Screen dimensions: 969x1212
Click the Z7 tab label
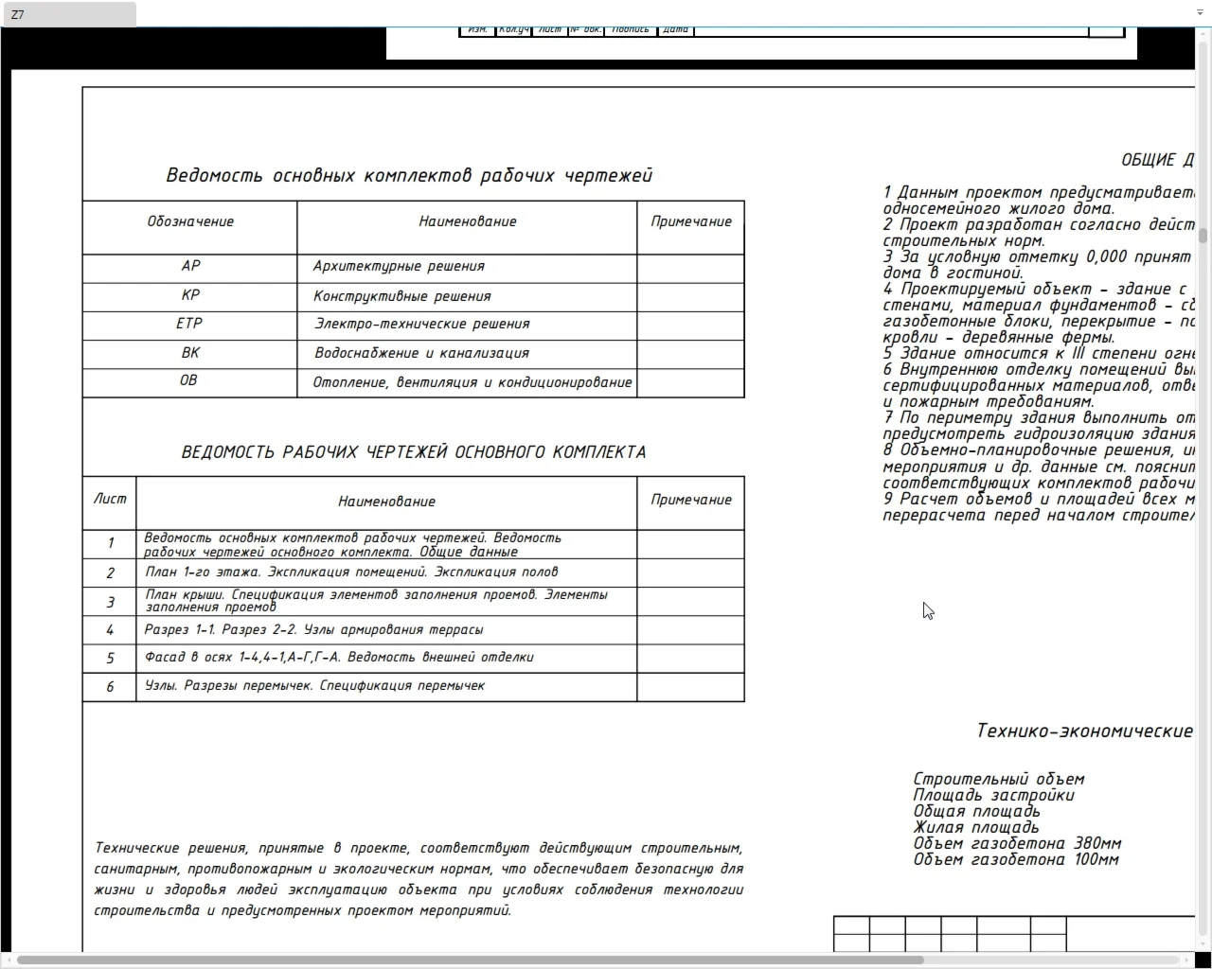tap(18, 14)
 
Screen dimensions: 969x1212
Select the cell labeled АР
tap(190, 266)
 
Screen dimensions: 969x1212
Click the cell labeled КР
tap(190, 295)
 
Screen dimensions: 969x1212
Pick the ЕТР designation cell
tap(189, 324)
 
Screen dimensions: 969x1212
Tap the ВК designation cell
tap(190, 353)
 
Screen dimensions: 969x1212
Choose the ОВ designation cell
tap(188, 380)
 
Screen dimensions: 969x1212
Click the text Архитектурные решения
tap(399, 266)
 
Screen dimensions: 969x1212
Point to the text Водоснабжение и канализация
tap(421, 353)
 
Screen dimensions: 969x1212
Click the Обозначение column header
tap(190, 221)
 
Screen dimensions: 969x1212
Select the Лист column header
tap(110, 499)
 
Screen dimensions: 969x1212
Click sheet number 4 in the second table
tap(110, 629)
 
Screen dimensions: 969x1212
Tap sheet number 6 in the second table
tap(110, 686)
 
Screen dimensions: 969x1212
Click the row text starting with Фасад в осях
tap(339, 657)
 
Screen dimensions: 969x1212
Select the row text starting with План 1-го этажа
tap(351, 572)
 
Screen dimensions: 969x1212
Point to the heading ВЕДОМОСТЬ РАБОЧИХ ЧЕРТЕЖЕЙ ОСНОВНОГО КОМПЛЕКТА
tap(414, 452)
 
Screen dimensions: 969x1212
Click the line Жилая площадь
tap(975, 827)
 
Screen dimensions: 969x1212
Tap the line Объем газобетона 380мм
tap(1017, 843)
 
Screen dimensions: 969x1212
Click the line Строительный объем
tap(999, 779)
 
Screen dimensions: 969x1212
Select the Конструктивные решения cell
tap(402, 296)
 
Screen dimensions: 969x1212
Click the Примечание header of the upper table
tap(691, 221)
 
